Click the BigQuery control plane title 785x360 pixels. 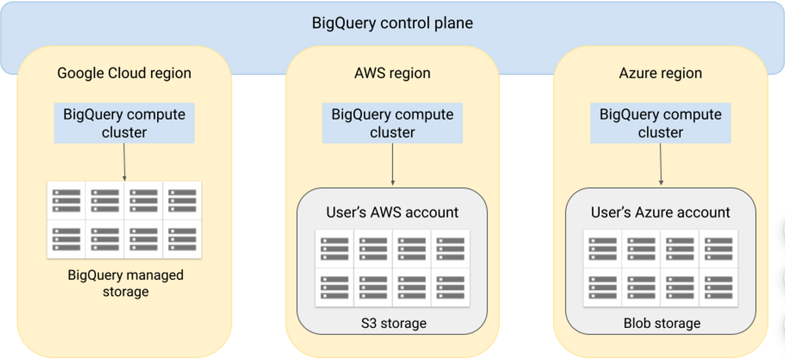coord(392,24)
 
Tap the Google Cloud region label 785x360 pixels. coord(124,73)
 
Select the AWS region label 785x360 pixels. coord(392,73)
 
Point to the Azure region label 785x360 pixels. coord(660,73)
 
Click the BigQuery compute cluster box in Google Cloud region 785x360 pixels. coord(124,123)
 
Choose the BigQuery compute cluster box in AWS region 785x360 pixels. coord(392,123)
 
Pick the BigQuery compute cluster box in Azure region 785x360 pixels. coord(660,123)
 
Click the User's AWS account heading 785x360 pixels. coord(392,212)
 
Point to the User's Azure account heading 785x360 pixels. coord(660,212)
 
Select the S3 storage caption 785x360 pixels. coord(392,323)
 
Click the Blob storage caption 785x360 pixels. coord(661,323)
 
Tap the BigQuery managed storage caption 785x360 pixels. coord(126,283)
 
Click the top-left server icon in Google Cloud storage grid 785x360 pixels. coord(67,201)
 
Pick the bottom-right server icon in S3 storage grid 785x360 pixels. coord(450,287)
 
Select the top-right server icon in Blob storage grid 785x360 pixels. coord(718,249)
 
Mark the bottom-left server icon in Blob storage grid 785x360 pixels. coord(602,287)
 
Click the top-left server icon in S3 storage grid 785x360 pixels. coord(334,249)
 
